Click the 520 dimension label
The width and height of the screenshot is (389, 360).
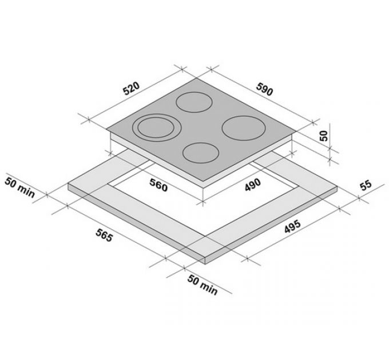132,89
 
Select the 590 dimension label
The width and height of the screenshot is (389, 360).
264,89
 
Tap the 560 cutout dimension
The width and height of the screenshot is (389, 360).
158,185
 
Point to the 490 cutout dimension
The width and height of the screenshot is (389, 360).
253,185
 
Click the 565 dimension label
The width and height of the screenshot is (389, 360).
105,235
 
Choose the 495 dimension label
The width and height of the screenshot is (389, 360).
292,226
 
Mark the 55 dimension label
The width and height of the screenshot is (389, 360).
366,185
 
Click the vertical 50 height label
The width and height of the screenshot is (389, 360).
324,136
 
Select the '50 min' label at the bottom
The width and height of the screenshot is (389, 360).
203,285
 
